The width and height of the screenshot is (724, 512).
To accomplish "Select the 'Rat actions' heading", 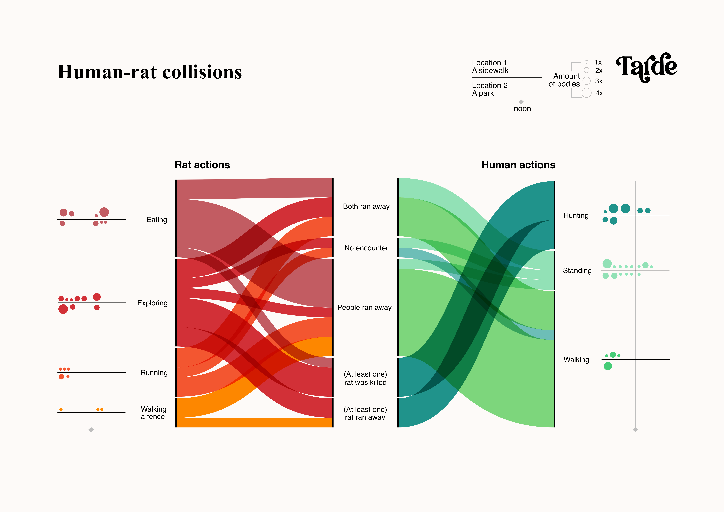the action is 202,165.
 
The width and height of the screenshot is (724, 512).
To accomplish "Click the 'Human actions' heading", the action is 518,165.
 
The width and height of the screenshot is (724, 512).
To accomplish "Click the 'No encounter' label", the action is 366,248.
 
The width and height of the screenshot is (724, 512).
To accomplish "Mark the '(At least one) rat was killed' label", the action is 365,378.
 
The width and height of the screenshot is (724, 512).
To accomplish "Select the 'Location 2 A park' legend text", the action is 490,89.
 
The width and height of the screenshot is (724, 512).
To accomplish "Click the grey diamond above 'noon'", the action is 521,102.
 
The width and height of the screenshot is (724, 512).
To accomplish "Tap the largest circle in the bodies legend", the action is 587,93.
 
